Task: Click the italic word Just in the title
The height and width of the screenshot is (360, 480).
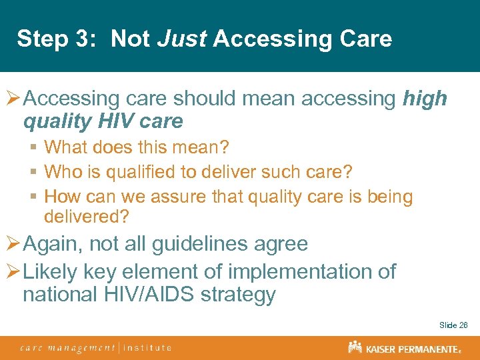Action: (182, 39)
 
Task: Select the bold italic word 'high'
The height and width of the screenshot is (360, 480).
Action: (425, 99)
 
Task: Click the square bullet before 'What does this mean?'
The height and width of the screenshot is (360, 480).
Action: (33, 146)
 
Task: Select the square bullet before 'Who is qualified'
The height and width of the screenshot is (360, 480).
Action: (33, 171)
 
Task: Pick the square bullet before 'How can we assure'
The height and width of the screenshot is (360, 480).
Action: (33, 197)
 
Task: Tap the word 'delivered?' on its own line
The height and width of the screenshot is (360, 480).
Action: (86, 217)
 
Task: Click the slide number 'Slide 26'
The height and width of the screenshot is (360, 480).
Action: (453, 325)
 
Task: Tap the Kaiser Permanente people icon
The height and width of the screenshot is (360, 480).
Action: (355, 347)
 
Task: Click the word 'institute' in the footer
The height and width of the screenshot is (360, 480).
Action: (147, 347)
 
